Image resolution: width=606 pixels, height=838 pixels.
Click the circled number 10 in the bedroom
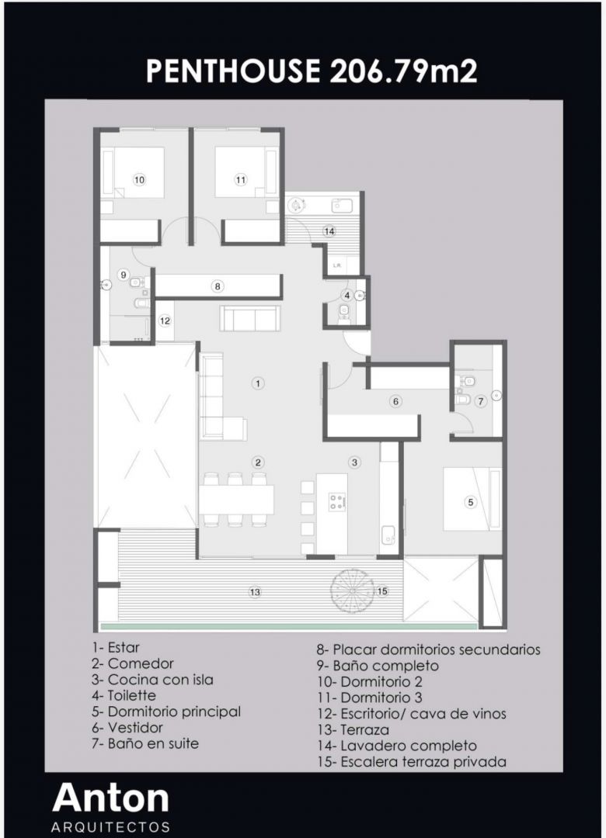click(139, 179)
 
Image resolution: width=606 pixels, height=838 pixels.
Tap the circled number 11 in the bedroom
click(241, 179)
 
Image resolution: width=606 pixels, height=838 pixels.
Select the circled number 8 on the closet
click(218, 286)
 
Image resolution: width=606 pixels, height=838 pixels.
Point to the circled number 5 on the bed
click(471, 502)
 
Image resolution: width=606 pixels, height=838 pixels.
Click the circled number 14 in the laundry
click(329, 231)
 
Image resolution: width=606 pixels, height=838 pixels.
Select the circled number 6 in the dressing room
click(395, 401)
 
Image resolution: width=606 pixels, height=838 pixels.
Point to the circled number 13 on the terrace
click(255, 591)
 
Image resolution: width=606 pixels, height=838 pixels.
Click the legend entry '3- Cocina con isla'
click(152, 680)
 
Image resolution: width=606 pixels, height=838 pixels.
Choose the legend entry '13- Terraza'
click(353, 729)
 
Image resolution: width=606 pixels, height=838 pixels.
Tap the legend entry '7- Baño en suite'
click(145, 743)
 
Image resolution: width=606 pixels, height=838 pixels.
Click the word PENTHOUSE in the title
click(233, 71)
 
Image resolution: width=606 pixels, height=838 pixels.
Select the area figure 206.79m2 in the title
click(403, 71)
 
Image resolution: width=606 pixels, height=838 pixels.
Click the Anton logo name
click(111, 798)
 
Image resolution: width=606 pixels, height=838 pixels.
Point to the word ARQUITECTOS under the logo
click(111, 827)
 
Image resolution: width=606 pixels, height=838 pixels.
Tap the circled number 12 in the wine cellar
click(165, 320)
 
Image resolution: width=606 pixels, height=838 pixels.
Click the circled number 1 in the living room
click(258, 383)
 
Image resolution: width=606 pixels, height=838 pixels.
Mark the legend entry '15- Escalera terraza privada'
click(412, 762)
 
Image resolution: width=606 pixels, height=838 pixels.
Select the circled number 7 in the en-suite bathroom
click(480, 401)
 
